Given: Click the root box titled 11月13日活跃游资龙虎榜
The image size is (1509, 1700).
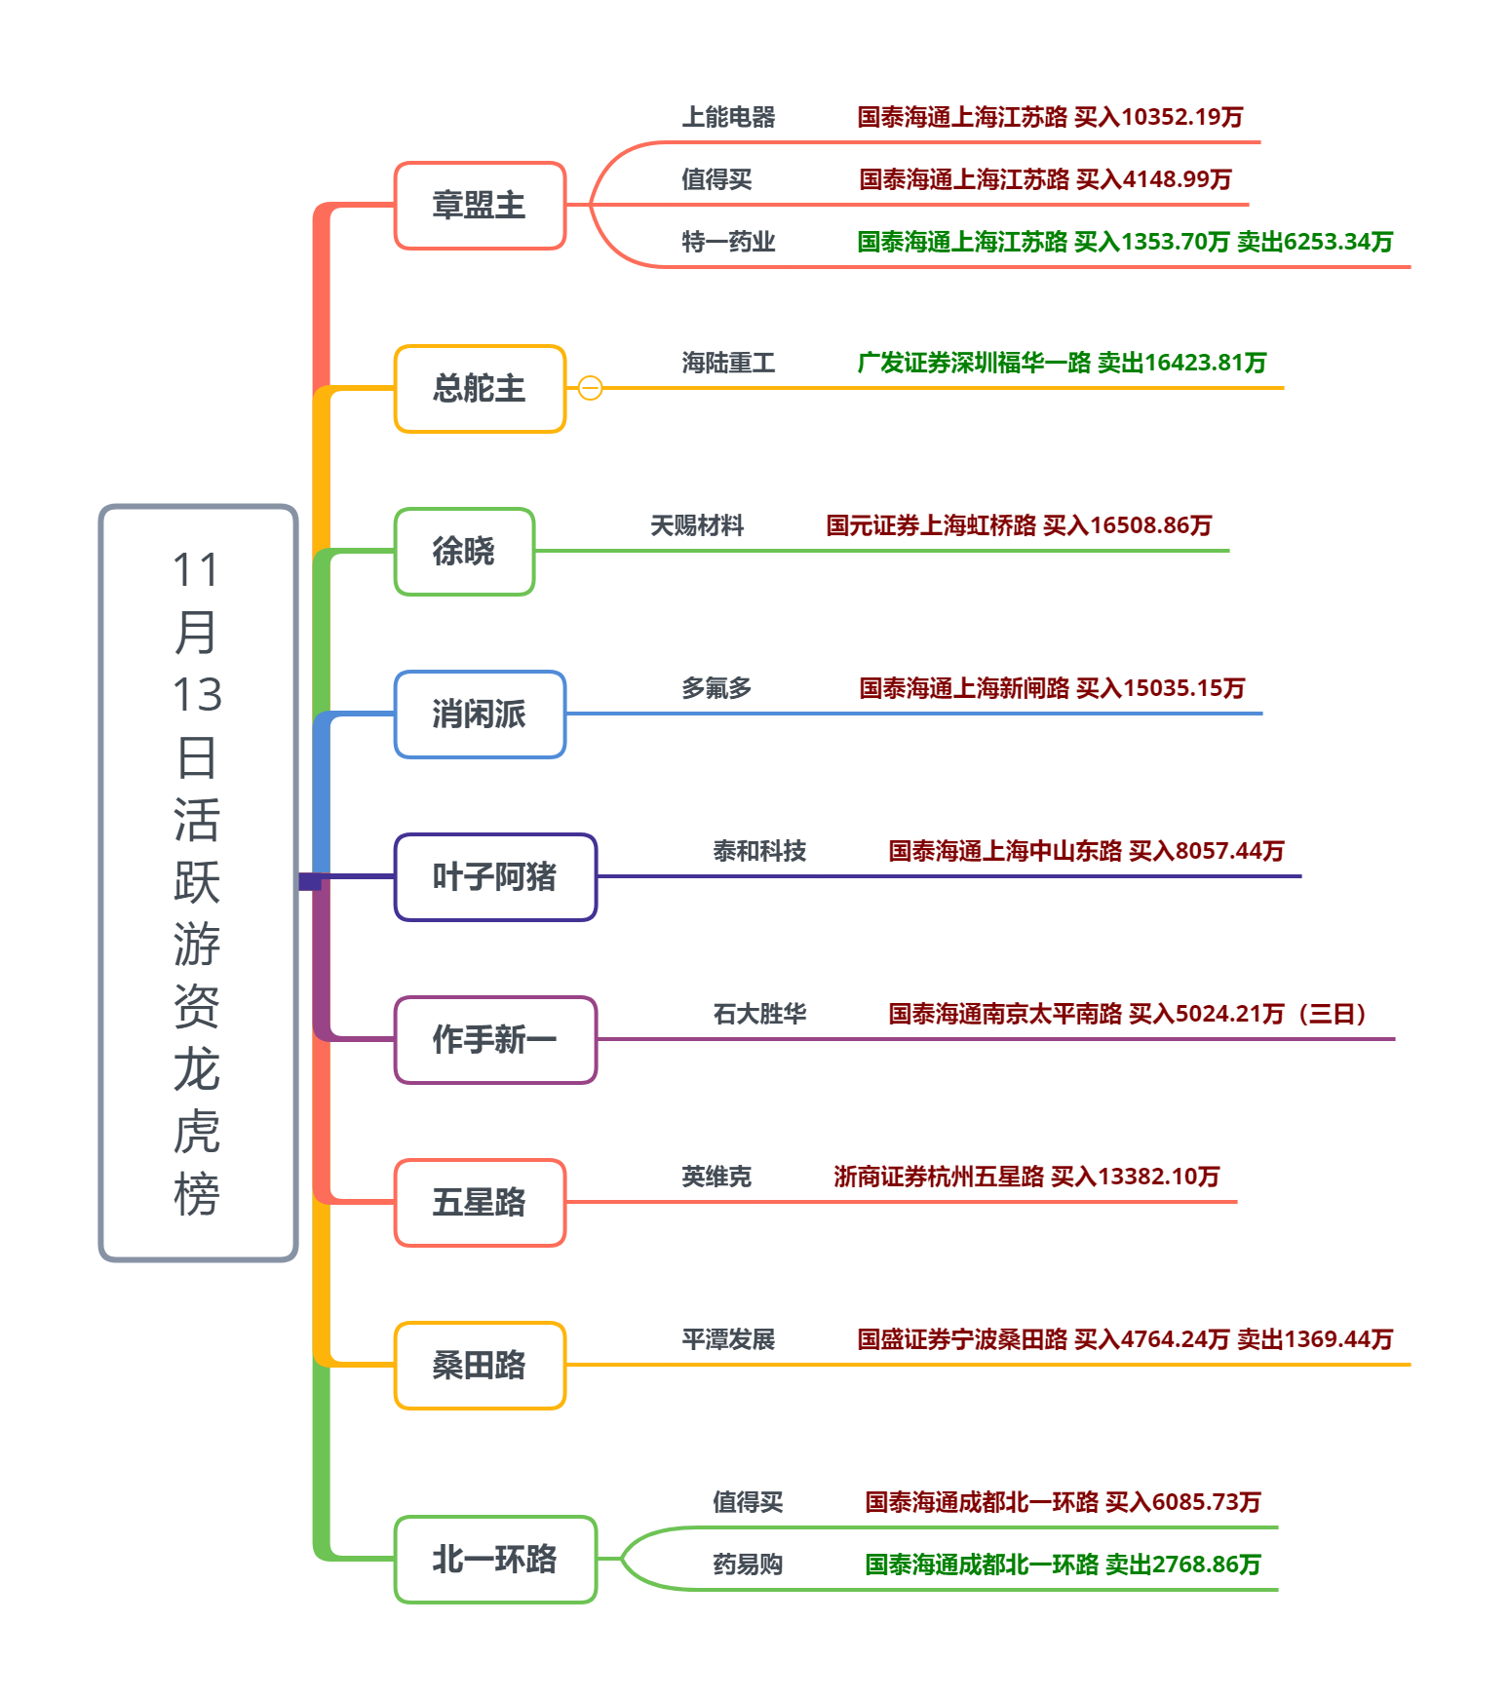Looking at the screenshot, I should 198,882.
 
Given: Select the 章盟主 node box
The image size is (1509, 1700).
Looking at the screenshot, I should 480,206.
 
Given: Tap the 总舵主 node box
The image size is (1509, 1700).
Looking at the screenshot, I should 480,389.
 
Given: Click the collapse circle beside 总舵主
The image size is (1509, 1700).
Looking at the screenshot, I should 590,388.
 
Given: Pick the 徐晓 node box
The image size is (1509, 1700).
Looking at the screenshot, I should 464,552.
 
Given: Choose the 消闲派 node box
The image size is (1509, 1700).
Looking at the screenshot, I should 480,715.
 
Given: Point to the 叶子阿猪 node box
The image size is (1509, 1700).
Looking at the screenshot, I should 495,877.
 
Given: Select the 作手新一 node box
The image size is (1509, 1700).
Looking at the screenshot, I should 495,1040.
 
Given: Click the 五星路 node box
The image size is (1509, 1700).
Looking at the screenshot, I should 480,1203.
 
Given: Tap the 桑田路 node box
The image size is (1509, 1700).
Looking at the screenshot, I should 480,1366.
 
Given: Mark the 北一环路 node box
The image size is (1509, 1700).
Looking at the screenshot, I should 495,1560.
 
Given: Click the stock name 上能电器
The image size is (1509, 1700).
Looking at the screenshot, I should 728,118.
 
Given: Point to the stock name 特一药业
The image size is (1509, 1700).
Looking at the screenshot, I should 728,242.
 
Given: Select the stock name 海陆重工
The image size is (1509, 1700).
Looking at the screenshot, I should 728,364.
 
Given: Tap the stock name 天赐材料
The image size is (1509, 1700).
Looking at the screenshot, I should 697,526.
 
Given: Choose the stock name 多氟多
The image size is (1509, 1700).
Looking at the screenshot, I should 716,689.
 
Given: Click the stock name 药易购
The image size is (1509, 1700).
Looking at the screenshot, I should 748,1565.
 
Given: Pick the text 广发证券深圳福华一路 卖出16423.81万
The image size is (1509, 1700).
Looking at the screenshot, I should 1062,364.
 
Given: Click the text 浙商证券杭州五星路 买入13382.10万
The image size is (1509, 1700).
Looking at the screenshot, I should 1026,1178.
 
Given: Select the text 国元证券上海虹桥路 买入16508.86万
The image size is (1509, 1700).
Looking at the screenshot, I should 1019,526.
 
